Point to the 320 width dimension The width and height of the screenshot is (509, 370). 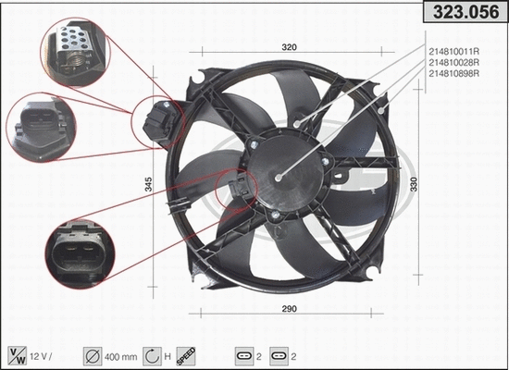[290, 46]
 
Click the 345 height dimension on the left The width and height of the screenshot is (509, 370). [149, 184]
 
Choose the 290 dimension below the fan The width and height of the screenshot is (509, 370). [290, 308]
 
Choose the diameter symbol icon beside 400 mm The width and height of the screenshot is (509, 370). [93, 354]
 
